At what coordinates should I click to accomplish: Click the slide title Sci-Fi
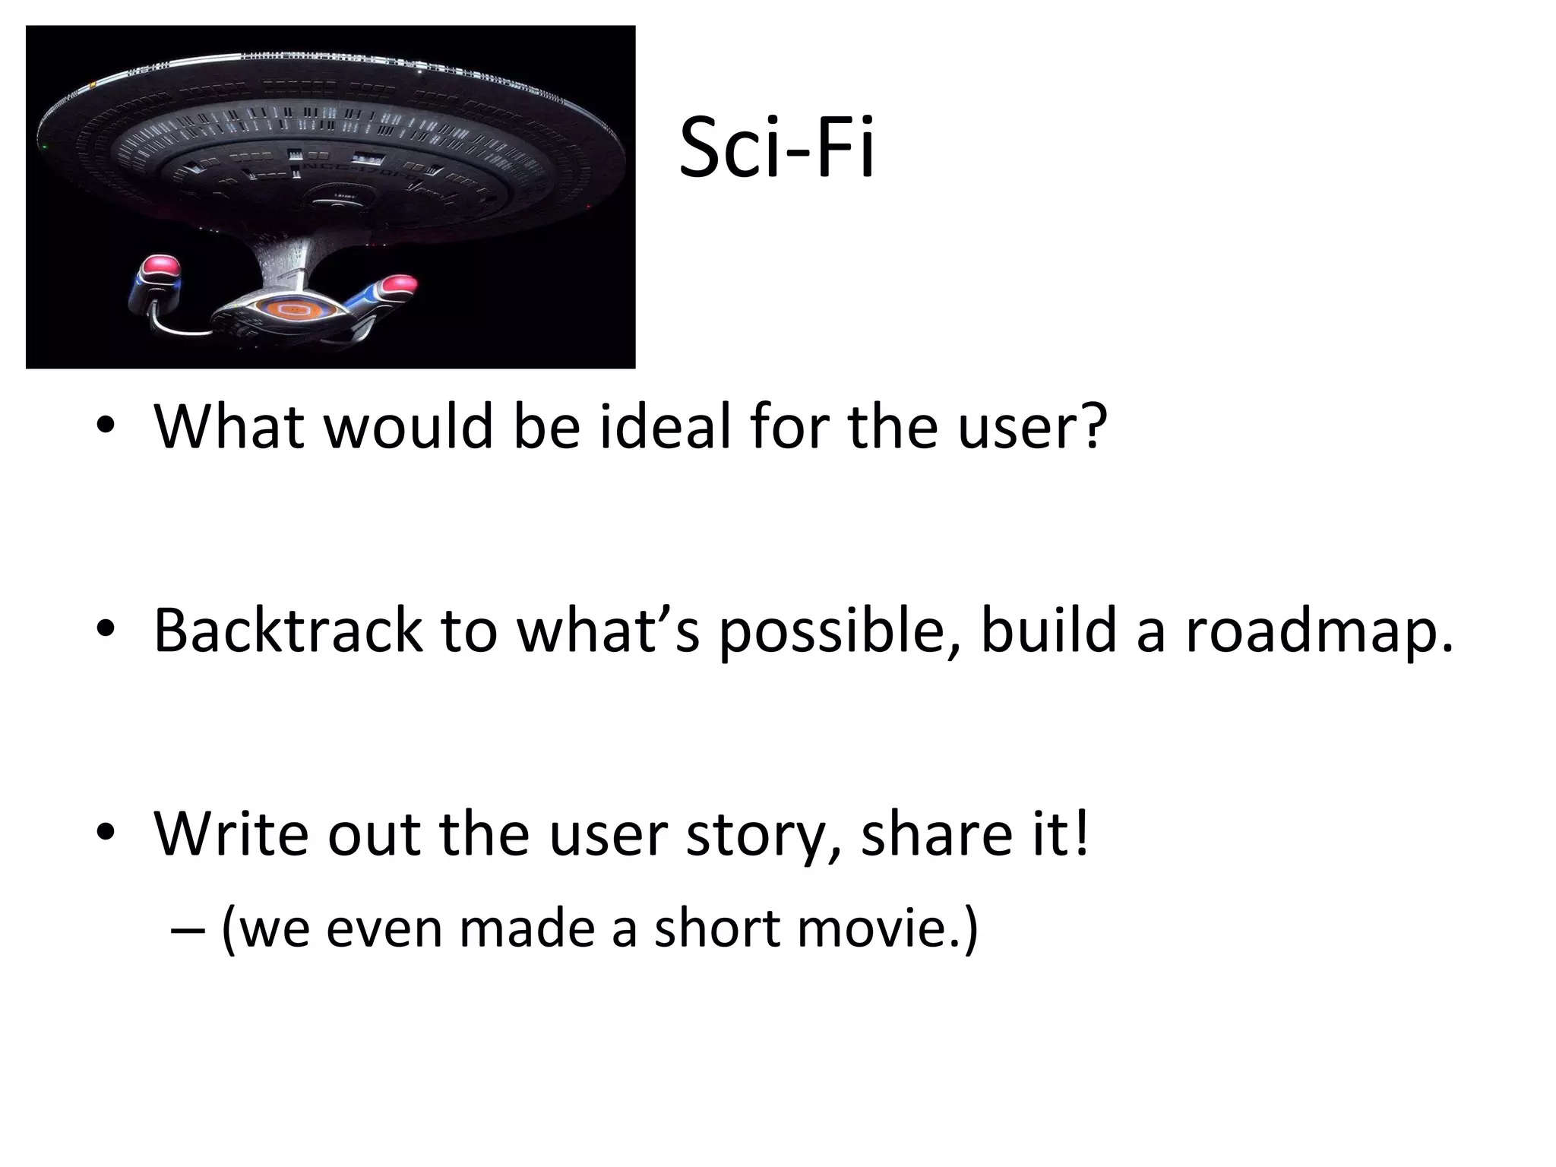point(776,147)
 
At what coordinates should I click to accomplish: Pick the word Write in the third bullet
point(231,833)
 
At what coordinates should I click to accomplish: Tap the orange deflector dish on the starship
point(289,309)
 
